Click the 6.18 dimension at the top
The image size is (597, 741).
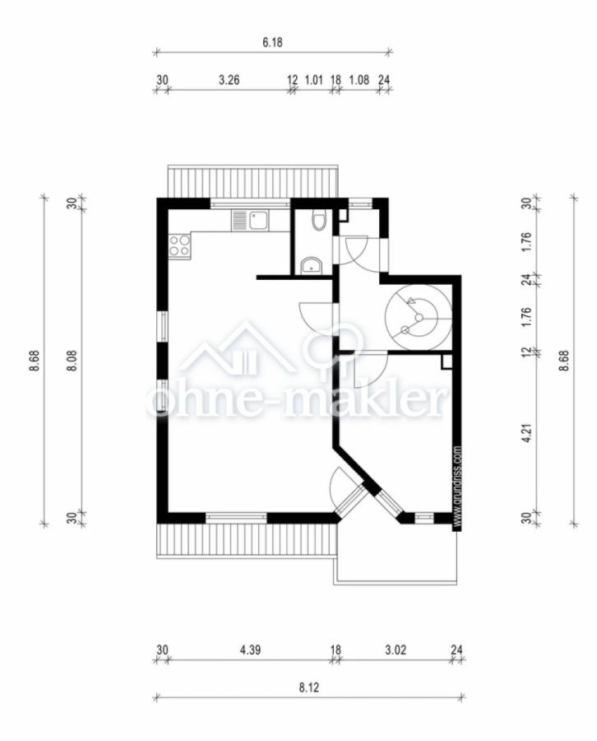[x=272, y=43]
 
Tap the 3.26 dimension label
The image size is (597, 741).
[x=229, y=80]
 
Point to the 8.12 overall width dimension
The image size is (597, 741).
[x=308, y=687]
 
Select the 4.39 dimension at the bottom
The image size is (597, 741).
[x=250, y=650]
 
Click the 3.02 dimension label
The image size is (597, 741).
[x=396, y=650]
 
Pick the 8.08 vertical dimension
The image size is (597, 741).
[x=72, y=361]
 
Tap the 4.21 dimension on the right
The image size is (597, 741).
[x=528, y=433]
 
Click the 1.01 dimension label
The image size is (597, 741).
[x=314, y=80]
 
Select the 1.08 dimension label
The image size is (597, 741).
[x=359, y=80]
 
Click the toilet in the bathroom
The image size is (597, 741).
[x=320, y=221]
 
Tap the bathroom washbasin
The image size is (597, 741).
[x=311, y=266]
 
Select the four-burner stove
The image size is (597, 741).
[x=180, y=245]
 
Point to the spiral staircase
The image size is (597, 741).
[x=418, y=317]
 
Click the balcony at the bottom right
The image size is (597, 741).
[x=396, y=554]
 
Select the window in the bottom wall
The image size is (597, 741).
[x=237, y=517]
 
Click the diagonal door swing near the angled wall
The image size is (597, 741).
[x=338, y=487]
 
